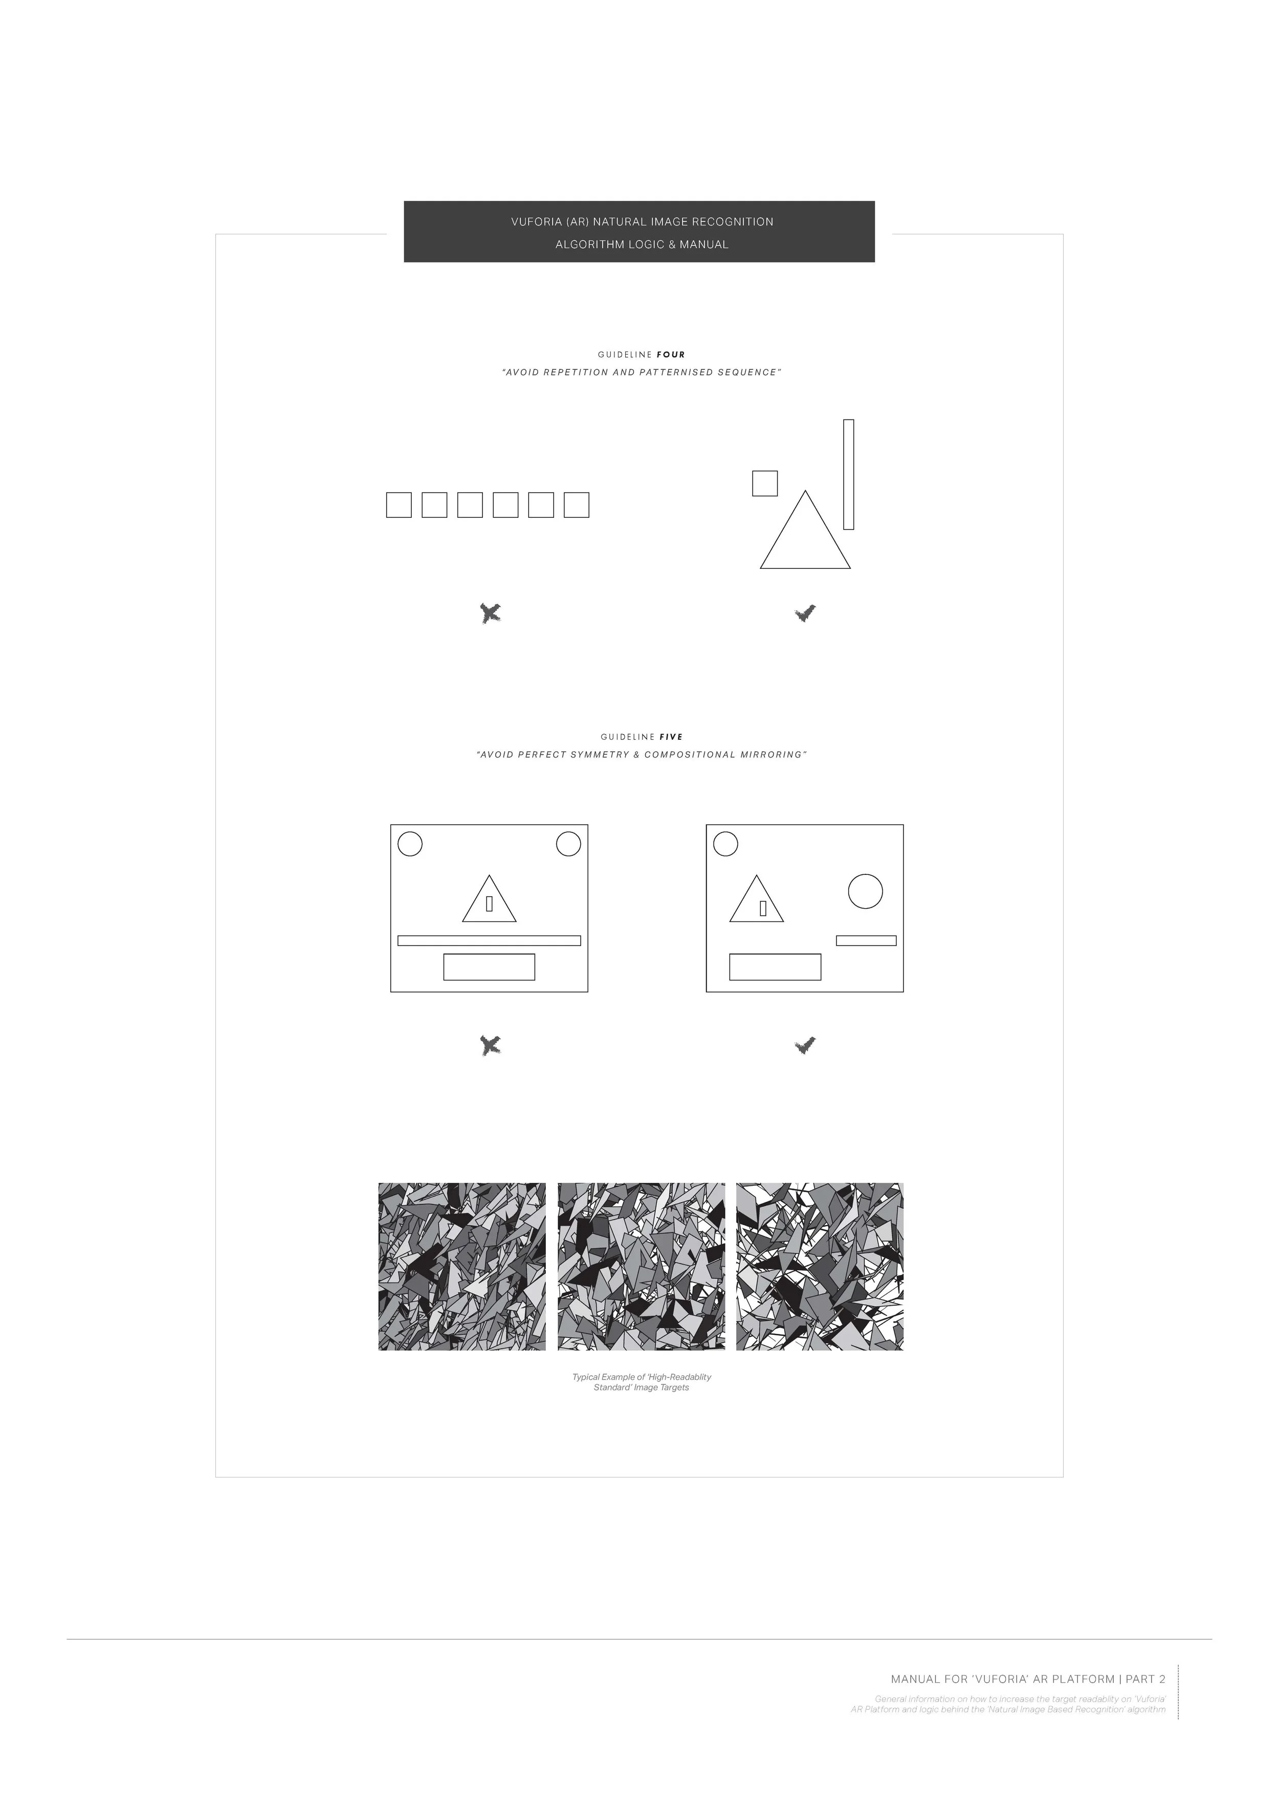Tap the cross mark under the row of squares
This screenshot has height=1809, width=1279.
pos(490,613)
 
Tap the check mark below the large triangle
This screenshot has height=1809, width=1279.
pos(805,613)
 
